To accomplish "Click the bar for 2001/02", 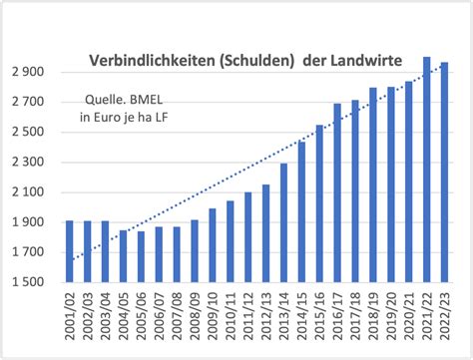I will [x=69, y=250].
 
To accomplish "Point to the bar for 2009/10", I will [x=213, y=244].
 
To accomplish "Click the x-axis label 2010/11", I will [x=232, y=320].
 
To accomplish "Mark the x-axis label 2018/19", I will [x=374, y=320].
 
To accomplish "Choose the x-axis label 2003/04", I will [x=106, y=320].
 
